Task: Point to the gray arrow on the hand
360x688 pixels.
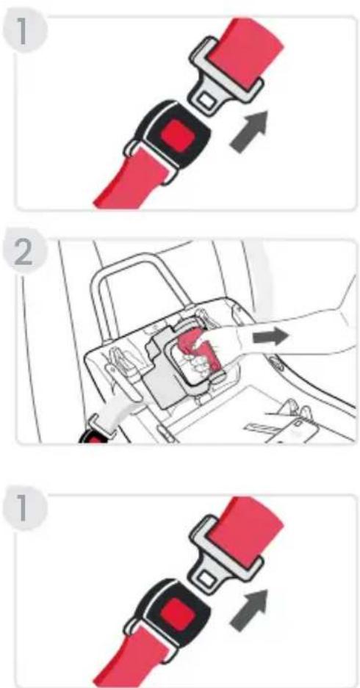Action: pyautogui.click(x=270, y=337)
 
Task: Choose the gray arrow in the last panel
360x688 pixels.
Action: pyautogui.click(x=249, y=610)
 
